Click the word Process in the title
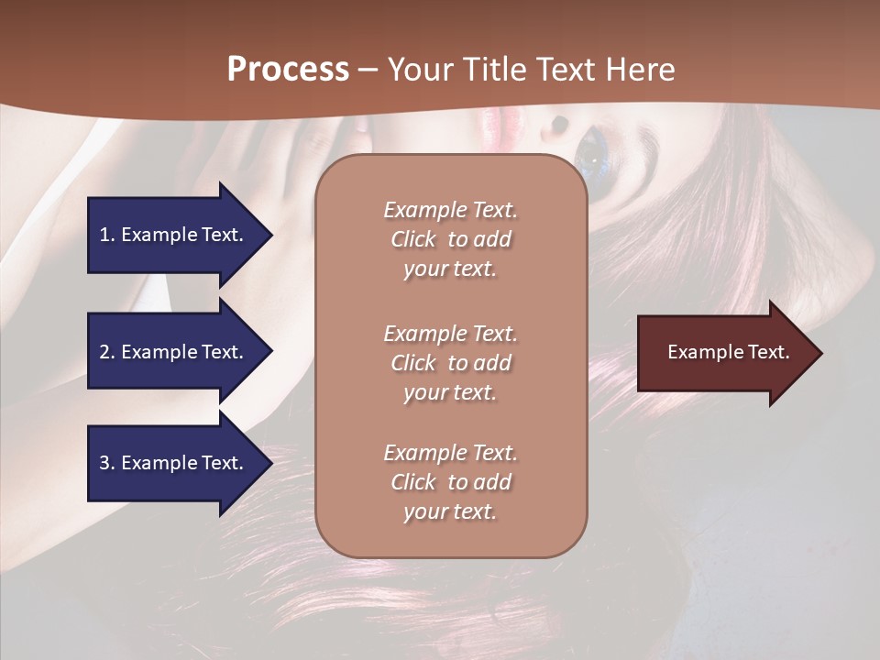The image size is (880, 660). click(x=288, y=70)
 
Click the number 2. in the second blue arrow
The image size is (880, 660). click(x=107, y=352)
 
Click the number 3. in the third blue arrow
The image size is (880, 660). click(x=107, y=463)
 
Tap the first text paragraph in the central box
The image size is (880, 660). click(x=450, y=239)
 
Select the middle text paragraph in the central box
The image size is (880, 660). click(x=450, y=363)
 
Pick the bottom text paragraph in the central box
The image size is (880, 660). click(x=450, y=482)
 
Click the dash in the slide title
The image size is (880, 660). click(x=368, y=70)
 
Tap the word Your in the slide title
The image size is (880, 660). click(x=421, y=70)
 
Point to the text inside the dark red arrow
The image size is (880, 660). click(x=729, y=352)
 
